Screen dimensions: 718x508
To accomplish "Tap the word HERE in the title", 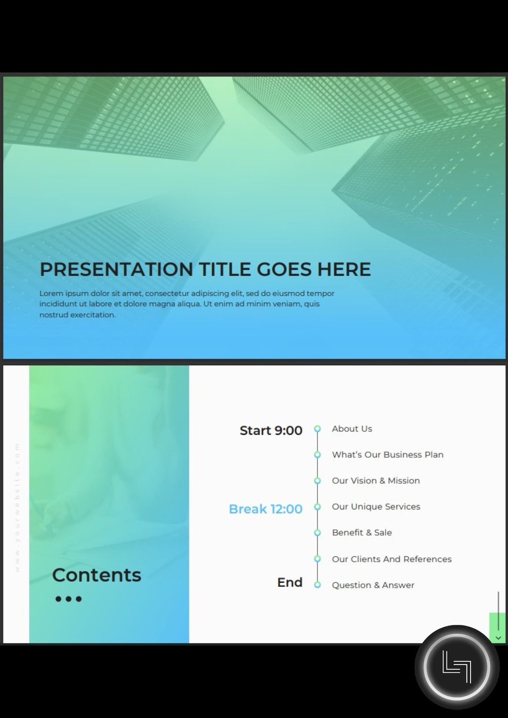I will coord(344,269).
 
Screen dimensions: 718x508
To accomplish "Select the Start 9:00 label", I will coord(271,430).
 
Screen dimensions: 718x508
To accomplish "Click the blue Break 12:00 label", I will coord(265,509).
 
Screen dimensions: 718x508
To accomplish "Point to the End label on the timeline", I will coord(290,583).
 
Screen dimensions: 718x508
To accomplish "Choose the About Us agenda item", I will coord(352,429).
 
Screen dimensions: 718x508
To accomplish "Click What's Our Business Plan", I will coord(388,454).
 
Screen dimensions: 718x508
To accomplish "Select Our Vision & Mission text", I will coord(376,481).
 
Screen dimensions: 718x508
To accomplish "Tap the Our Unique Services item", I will coord(376,507).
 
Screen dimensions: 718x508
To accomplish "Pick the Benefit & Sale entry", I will coord(362,532).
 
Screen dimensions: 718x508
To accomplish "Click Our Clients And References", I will coord(391,559).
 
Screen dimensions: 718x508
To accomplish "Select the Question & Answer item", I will coord(373,585).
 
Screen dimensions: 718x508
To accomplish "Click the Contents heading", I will coord(96,575).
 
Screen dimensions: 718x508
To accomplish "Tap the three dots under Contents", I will coord(69,599).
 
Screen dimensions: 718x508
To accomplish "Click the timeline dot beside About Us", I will coord(317,429).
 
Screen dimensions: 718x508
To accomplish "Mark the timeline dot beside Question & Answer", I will coord(317,585).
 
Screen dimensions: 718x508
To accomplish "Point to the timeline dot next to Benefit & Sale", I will coord(317,533).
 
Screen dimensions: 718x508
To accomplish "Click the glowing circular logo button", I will coord(456,667).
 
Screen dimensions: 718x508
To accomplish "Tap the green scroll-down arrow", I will coord(498,638).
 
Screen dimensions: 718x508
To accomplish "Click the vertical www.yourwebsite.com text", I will coord(17,507).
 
